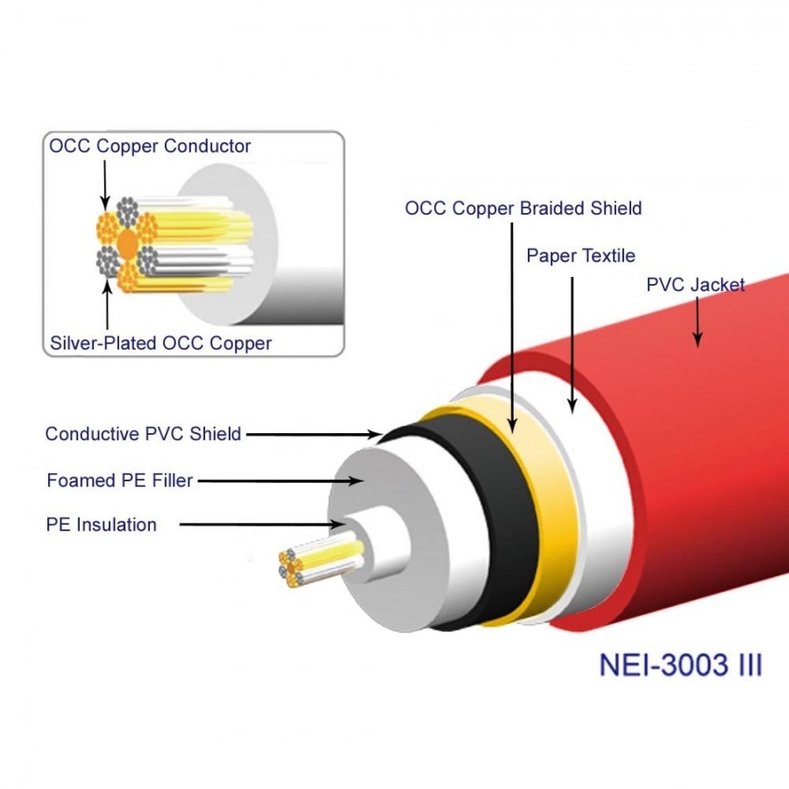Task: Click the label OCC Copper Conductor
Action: point(150,146)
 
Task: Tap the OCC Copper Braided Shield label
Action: point(523,209)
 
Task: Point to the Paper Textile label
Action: point(580,255)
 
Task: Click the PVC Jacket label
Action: point(695,284)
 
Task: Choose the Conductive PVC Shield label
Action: point(143,433)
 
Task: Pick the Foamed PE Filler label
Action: point(119,480)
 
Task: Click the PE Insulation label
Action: point(101,525)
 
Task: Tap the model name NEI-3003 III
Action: point(680,664)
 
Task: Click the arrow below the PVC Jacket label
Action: point(698,320)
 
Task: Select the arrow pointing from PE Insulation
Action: point(263,524)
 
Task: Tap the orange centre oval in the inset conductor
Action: point(128,243)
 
